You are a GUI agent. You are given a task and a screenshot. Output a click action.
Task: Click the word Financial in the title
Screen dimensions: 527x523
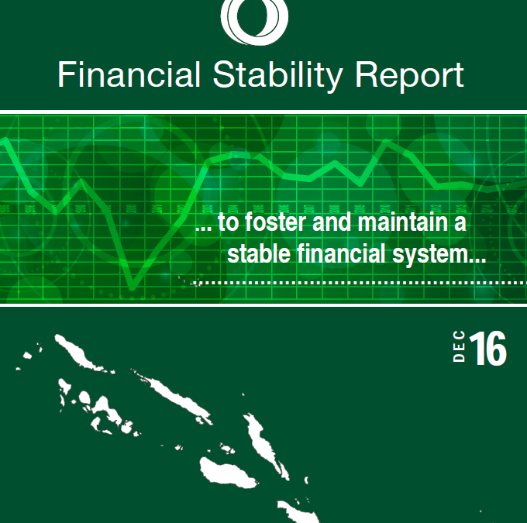129,74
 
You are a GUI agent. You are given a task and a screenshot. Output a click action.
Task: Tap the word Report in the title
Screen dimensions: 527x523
409,77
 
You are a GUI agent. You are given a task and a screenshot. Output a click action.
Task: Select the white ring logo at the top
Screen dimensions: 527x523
254,20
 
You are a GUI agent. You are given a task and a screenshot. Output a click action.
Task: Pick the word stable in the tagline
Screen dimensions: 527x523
259,253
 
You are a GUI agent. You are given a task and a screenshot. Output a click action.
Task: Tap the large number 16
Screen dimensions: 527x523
488,348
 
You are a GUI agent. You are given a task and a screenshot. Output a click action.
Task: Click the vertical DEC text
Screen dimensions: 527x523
459,346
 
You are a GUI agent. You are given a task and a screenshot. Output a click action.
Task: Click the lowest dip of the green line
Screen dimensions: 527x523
133,287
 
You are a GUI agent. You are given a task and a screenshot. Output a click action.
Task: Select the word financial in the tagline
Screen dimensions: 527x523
341,253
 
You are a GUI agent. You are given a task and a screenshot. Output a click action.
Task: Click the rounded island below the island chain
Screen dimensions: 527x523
226,470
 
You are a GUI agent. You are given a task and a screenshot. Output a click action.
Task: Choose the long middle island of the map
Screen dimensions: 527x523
175,397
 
